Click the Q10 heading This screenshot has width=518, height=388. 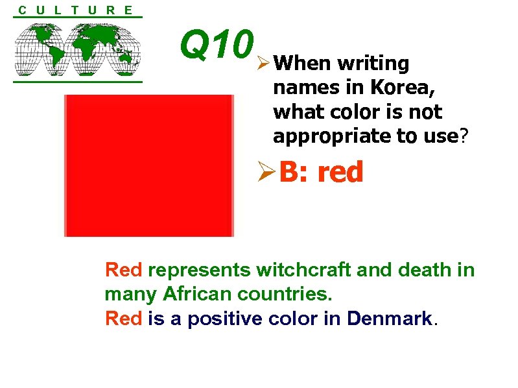[216, 45]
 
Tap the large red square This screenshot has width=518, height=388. [148, 165]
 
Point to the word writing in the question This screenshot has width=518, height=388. [373, 64]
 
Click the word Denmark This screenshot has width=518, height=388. [390, 319]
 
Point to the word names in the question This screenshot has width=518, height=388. [300, 88]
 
